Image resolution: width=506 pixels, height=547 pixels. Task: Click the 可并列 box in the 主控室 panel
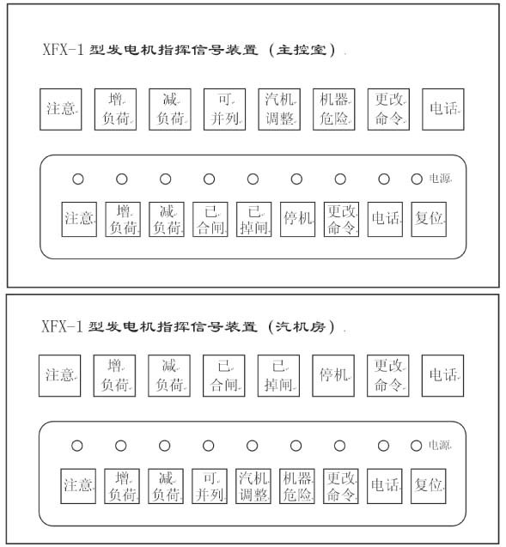[x=225, y=109]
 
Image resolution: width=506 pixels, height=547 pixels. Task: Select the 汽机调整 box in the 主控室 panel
[x=279, y=109]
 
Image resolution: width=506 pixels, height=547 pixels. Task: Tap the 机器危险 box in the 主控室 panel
[x=334, y=109]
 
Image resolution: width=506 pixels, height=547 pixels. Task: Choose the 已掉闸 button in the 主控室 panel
[x=254, y=220]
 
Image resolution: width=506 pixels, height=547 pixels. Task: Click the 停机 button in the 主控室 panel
[x=297, y=220]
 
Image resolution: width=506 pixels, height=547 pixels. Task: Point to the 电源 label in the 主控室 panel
[x=439, y=179]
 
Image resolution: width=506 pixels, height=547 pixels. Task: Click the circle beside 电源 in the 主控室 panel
[x=417, y=179]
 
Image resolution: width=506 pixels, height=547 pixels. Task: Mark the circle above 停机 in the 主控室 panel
[x=296, y=179]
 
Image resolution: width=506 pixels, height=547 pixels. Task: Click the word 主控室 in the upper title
[x=302, y=50]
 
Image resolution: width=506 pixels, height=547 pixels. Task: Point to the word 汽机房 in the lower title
[x=301, y=326]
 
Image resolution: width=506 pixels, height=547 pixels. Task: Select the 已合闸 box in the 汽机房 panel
[x=224, y=376]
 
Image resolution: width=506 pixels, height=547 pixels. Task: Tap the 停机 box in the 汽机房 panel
[x=333, y=376]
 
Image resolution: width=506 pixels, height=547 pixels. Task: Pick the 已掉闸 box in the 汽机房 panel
[x=278, y=376]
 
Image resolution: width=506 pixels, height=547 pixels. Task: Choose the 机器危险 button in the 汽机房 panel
[x=297, y=486]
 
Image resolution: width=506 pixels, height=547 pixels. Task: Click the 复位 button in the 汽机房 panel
[x=428, y=486]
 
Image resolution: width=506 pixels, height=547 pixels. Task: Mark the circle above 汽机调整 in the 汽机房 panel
[x=252, y=446]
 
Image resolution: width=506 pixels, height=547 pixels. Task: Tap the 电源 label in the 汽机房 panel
[x=439, y=445]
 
